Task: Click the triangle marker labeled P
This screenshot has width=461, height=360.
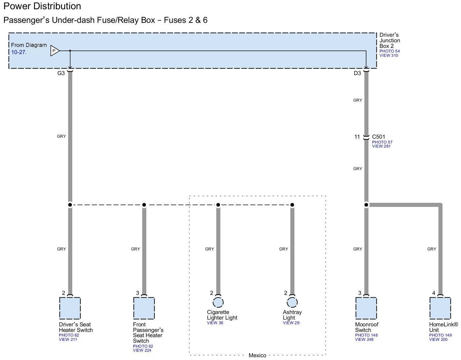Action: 55,51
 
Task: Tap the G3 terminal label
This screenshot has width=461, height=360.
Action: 61,73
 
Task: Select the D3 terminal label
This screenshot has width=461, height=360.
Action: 357,73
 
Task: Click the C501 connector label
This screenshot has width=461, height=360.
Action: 378,137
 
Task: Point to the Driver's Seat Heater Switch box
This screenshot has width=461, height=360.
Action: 70,308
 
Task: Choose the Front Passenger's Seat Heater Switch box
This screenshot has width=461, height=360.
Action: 144,308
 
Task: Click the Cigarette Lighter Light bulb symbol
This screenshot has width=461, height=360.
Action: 218,302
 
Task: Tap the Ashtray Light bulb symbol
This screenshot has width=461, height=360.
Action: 292,302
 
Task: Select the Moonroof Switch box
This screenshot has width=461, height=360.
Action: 366,308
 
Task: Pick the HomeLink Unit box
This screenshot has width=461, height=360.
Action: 440,308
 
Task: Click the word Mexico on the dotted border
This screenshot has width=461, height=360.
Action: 257,355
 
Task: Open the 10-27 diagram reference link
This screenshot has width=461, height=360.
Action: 19,52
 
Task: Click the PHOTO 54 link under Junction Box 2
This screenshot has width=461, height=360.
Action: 389,51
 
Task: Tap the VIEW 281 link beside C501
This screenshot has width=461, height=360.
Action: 381,146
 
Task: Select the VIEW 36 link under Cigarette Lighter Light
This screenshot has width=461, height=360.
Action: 215,323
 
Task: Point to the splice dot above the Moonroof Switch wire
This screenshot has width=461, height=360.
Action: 366,205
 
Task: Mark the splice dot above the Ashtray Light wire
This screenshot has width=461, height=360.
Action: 292,205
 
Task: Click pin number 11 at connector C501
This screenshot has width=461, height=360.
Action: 357,137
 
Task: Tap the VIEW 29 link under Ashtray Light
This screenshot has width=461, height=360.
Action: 291,323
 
